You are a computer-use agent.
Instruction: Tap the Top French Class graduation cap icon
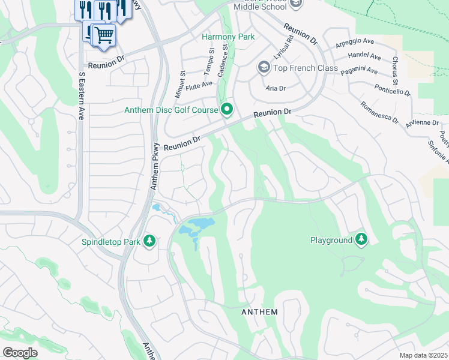click(x=264, y=68)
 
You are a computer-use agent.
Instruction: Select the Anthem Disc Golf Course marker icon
click(x=227, y=109)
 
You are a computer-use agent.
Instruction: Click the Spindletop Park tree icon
click(x=149, y=242)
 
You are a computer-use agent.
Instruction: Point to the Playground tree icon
click(x=361, y=240)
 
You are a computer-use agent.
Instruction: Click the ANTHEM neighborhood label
click(x=259, y=312)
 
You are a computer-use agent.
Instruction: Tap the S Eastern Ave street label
click(x=82, y=97)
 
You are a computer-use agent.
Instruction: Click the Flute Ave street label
click(x=199, y=85)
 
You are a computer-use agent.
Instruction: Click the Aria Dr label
click(x=275, y=88)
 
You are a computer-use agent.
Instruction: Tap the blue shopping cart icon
click(x=104, y=35)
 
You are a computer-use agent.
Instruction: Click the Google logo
click(x=20, y=353)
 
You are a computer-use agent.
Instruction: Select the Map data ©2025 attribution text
click(x=423, y=355)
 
